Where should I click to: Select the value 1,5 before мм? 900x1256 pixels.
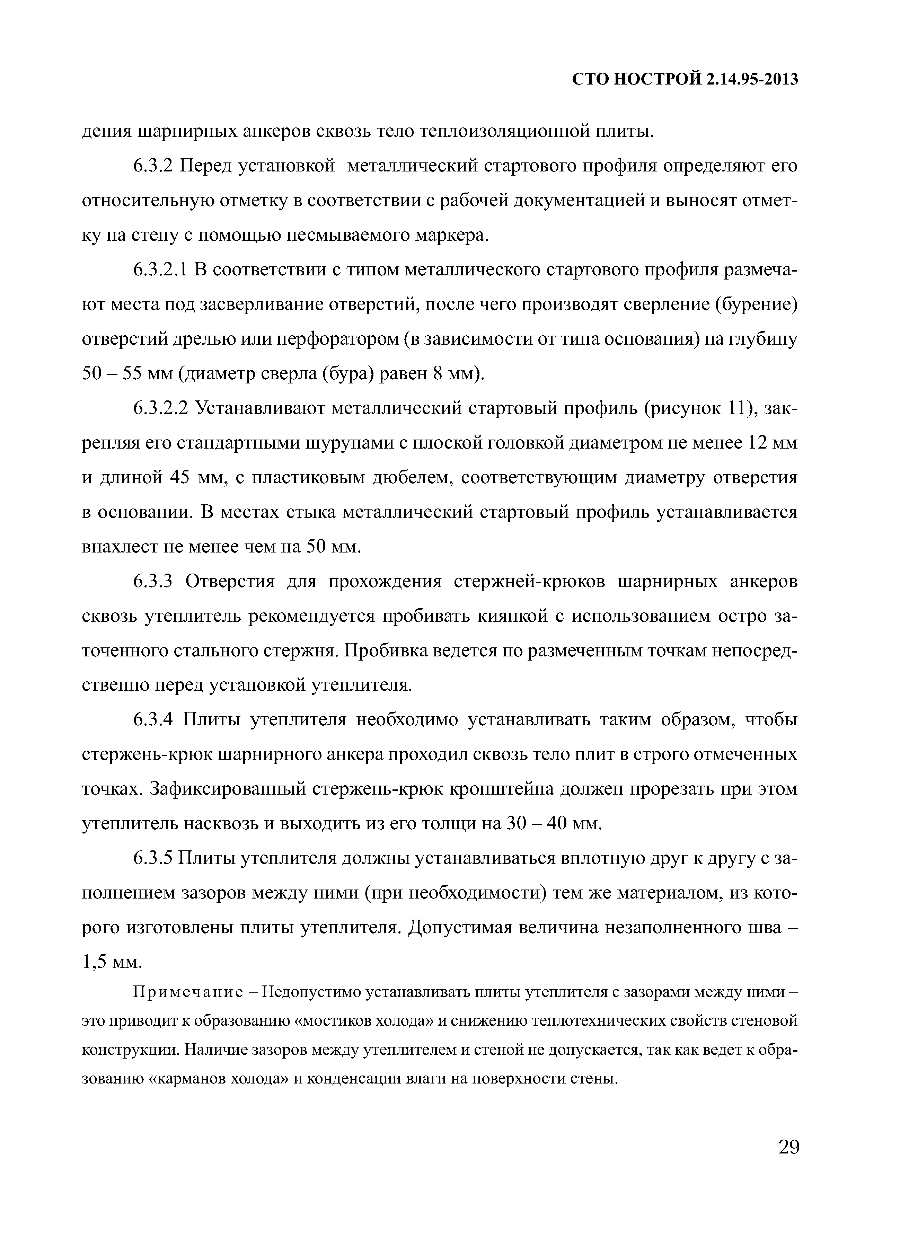point(94,963)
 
